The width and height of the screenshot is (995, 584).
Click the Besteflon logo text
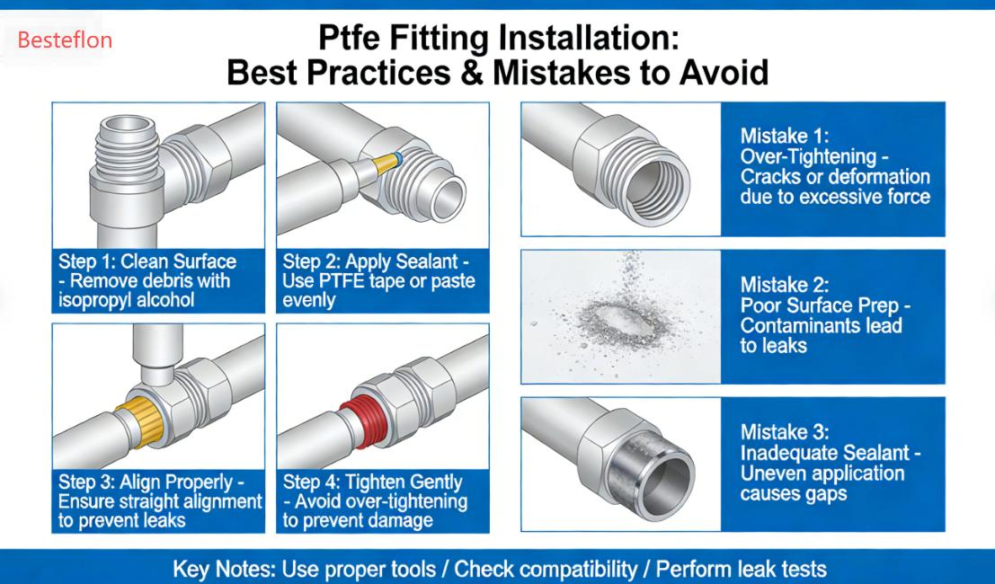(x=65, y=40)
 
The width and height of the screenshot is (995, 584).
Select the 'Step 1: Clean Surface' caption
(x=147, y=261)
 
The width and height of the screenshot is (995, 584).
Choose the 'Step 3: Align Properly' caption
(x=150, y=482)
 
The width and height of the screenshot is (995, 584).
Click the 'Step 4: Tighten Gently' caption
(x=372, y=482)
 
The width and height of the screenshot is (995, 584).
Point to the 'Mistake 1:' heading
(x=781, y=137)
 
